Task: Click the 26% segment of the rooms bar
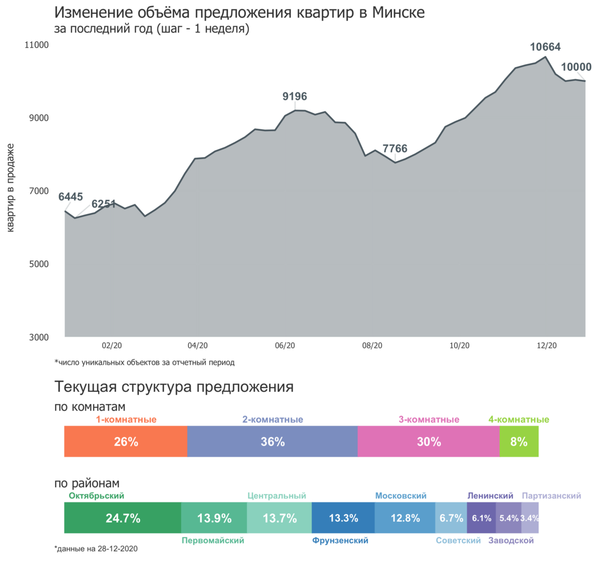125,442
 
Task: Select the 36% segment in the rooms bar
273,442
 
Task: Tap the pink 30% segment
429,442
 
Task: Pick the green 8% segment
519,442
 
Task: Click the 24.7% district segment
123,518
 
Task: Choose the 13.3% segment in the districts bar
343,518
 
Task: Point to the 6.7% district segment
451,518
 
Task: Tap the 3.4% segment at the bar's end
530,518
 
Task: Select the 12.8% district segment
405,518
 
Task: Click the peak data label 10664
545,47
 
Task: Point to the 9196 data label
295,96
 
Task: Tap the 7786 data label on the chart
395,149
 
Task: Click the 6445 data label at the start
70,197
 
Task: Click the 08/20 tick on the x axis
372,346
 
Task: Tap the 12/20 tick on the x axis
546,346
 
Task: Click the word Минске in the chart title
399,12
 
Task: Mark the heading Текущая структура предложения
173,387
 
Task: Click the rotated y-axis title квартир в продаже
11,187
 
